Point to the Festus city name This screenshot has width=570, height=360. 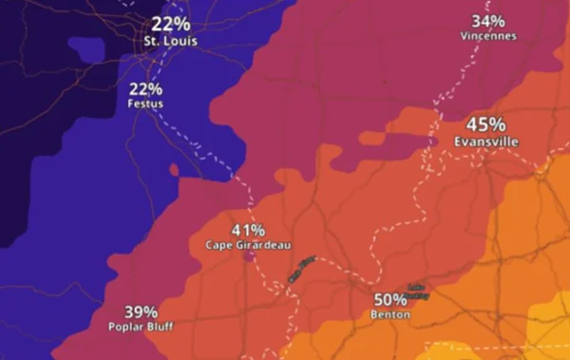[x=145, y=104]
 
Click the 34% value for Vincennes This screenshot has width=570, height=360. [x=488, y=21]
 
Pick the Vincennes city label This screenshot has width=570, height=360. [x=488, y=36]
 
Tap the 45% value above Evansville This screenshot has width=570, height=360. [x=485, y=125]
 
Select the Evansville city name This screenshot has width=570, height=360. [x=485, y=141]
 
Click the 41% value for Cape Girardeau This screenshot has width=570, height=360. [x=248, y=231]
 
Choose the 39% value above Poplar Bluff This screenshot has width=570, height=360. [x=140, y=312]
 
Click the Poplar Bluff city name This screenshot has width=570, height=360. [x=140, y=326]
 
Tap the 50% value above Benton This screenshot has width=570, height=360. [x=390, y=299]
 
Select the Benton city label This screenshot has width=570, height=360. [x=390, y=313]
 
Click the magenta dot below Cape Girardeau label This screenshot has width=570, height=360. [x=247, y=256]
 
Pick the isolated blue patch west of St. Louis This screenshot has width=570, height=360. [x=85, y=47]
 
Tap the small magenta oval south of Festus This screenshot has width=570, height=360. [x=174, y=171]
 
